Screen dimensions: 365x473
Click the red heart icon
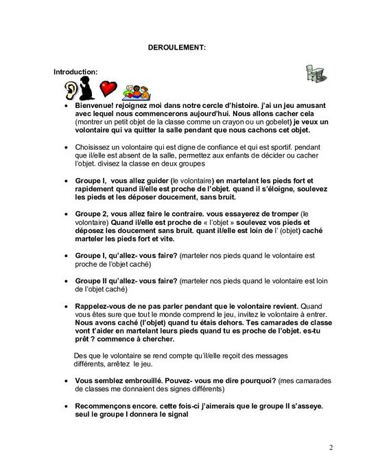(x=108, y=88)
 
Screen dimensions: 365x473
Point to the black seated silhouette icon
(x=87, y=88)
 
